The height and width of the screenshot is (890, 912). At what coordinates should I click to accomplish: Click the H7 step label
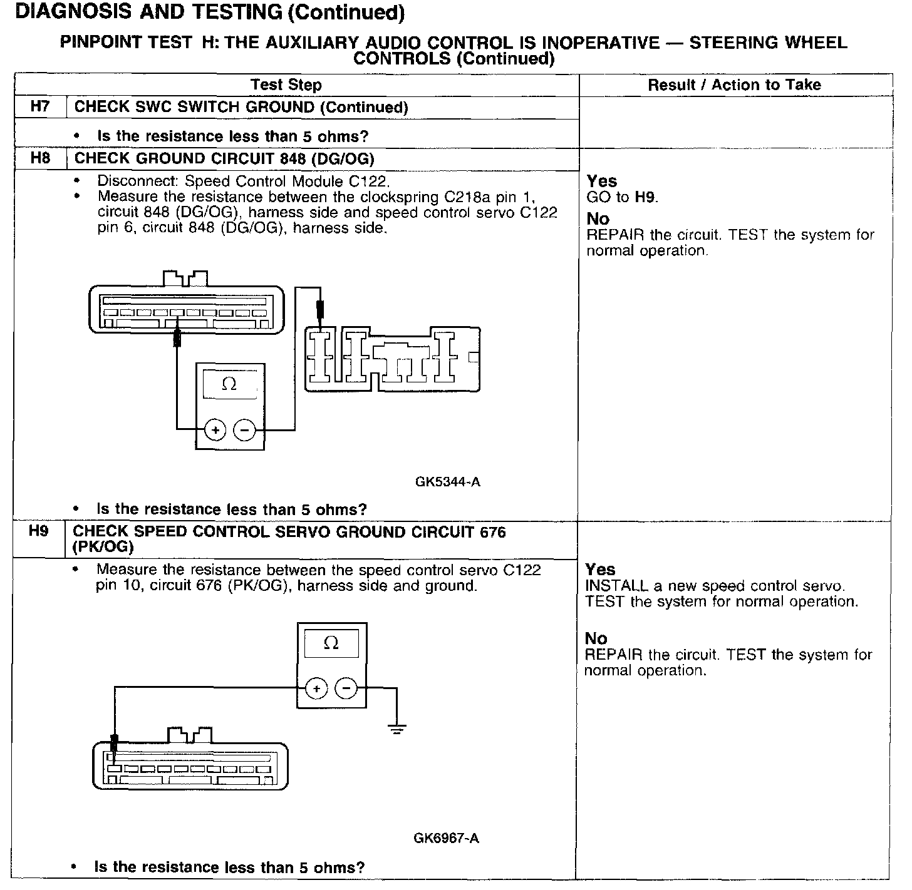pyautogui.click(x=39, y=106)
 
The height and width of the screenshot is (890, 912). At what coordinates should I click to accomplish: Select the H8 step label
pyautogui.click(x=39, y=158)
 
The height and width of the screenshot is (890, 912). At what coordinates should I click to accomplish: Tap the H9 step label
pyautogui.click(x=38, y=531)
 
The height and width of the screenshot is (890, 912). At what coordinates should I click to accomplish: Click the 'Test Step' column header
pyautogui.click(x=286, y=85)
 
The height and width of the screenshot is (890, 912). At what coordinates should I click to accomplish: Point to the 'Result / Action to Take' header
pyautogui.click(x=734, y=85)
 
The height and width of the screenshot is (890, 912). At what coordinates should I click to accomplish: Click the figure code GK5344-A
pyautogui.click(x=447, y=482)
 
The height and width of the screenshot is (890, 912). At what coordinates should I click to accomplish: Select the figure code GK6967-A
pyautogui.click(x=446, y=838)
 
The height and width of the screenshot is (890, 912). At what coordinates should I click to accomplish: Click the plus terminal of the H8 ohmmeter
pyautogui.click(x=215, y=430)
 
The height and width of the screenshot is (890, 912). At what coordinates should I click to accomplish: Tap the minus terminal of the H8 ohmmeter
pyautogui.click(x=244, y=430)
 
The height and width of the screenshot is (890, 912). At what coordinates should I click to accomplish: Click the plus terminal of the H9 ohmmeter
pyautogui.click(x=317, y=688)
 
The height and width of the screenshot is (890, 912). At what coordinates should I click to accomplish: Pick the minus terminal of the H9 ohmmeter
pyautogui.click(x=346, y=688)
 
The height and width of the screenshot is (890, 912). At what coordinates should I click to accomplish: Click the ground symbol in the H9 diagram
pyautogui.click(x=396, y=727)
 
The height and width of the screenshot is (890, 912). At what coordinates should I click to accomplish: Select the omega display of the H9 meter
pyautogui.click(x=331, y=643)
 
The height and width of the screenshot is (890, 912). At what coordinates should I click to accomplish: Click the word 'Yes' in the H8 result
pyautogui.click(x=602, y=182)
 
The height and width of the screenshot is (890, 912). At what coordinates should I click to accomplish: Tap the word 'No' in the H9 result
pyautogui.click(x=596, y=639)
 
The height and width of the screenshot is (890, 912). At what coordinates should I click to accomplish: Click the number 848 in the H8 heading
pyautogui.click(x=293, y=158)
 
